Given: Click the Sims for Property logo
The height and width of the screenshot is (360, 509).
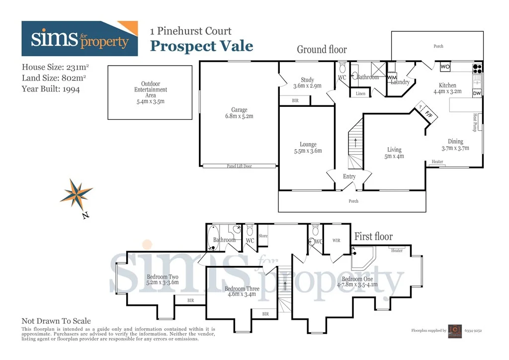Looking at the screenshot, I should pos(80,39).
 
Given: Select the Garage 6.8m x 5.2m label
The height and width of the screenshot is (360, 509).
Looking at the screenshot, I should pos(239,113).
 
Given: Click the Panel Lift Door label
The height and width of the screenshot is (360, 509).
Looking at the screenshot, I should pos(239,166).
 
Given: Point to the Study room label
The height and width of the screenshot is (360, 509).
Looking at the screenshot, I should pos(307,83).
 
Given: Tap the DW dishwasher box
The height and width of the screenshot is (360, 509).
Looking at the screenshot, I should pos(477,93).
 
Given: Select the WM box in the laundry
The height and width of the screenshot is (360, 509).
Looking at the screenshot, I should pos(392,78).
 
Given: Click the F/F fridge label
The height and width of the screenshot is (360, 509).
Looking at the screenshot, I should pos(428,114).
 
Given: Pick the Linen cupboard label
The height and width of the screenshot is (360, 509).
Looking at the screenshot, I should pos(360,93).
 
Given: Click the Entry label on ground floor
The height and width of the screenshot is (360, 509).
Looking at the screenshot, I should pos(349,177).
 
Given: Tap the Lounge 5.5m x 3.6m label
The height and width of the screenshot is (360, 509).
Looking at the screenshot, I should pos(308,148).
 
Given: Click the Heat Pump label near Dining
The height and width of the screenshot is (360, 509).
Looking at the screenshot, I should pos(475,122).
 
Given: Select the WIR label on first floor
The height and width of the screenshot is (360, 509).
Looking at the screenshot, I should pos(337,240).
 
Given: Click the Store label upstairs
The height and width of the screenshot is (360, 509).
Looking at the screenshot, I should pos(263,236).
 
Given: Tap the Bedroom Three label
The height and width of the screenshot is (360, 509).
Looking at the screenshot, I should pos(242,291).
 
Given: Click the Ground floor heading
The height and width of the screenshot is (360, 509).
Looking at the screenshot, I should pos(322,49).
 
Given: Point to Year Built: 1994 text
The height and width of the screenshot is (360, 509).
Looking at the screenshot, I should pos(51,89).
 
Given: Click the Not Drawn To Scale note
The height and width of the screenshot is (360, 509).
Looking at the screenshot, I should pos(56,321).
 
